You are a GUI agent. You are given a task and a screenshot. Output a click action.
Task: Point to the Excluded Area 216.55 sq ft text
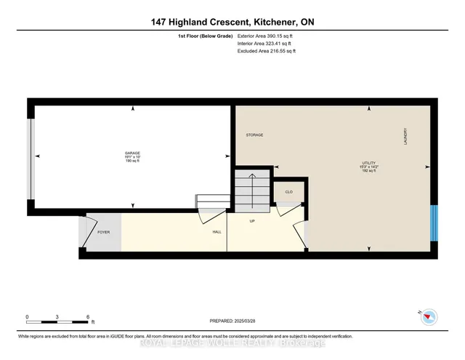(x=267, y=51)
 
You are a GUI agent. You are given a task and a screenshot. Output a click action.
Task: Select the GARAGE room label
(x=132, y=153)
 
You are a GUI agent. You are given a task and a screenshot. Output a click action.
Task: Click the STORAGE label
(x=254, y=135)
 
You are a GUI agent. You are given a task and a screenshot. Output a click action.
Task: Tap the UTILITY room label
(x=370, y=162)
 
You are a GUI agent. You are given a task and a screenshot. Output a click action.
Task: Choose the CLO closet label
(x=288, y=192)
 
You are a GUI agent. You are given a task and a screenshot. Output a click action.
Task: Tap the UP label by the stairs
(x=252, y=221)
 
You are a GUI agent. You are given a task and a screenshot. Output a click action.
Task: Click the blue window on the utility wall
(x=433, y=222)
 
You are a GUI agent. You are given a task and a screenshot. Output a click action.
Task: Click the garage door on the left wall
(x=29, y=158)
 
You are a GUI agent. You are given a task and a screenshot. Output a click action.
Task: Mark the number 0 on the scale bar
(x=27, y=318)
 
